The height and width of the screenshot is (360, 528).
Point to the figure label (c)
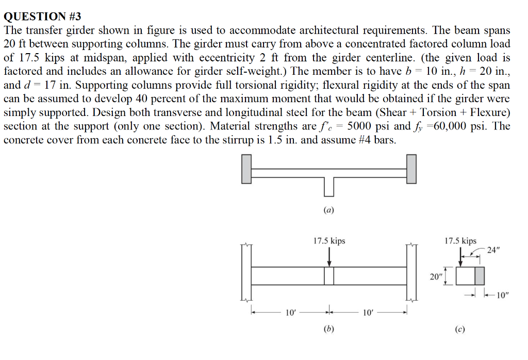tap(459, 329)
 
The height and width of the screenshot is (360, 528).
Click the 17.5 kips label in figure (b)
tap(329, 241)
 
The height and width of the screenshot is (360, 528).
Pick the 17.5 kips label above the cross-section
tap(460, 241)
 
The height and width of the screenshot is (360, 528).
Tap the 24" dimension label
tap(493, 250)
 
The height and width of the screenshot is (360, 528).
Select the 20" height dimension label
tap(436, 277)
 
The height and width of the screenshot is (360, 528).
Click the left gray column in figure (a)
tap(247, 169)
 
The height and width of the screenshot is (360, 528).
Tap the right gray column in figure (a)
tap(411, 169)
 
